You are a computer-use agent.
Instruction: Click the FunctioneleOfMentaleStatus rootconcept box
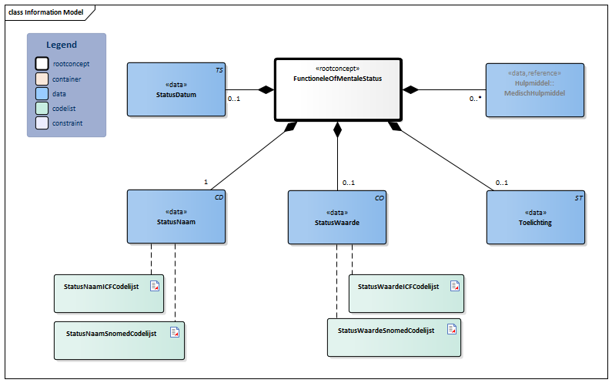click(x=337, y=89)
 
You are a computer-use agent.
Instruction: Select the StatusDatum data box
click(x=176, y=89)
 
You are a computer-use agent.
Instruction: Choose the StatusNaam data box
click(x=176, y=217)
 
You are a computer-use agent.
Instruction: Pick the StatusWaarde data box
click(x=336, y=217)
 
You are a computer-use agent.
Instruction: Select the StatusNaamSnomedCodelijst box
click(x=119, y=340)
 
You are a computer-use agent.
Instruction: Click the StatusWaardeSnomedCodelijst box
click(x=393, y=337)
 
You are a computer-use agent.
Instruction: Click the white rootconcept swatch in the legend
click(x=41, y=64)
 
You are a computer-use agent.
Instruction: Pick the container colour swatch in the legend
click(x=41, y=79)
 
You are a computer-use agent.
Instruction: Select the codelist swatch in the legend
click(x=41, y=108)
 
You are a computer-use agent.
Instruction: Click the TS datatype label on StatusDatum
click(x=219, y=69)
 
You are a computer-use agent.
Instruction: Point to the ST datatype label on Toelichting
click(x=579, y=198)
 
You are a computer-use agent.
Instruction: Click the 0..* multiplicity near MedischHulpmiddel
click(x=476, y=99)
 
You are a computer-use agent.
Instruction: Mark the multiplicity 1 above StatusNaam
click(x=206, y=182)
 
